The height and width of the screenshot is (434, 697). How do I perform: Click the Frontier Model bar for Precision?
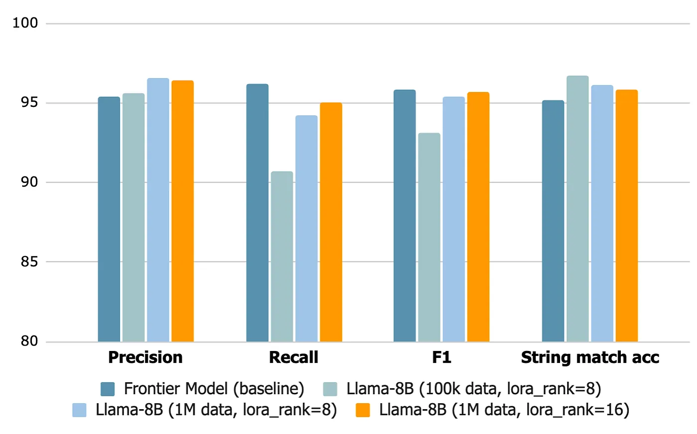(109, 219)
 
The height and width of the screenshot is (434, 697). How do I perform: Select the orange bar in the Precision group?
(182, 211)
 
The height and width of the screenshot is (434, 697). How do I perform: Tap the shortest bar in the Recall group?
(282, 257)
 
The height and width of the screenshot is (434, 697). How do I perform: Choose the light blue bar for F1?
(454, 219)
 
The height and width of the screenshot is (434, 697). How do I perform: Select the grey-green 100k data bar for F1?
(429, 238)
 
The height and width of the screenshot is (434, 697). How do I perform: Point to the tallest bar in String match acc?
(578, 209)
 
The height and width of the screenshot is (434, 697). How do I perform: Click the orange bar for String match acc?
(626, 216)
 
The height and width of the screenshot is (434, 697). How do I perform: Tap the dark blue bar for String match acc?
(553, 221)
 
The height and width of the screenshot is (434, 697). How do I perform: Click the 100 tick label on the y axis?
(25, 23)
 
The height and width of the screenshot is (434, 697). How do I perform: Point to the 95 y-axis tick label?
(29, 102)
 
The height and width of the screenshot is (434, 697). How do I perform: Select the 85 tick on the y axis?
(29, 261)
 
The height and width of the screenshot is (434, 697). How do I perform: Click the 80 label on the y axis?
(29, 341)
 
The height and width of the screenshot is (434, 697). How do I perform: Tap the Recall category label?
(293, 357)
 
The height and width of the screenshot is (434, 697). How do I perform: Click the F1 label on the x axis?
(441, 357)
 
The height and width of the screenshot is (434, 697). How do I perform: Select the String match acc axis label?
(590, 357)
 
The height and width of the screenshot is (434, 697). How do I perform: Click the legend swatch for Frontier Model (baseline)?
(108, 389)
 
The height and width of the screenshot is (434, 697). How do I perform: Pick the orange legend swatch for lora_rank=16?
(363, 410)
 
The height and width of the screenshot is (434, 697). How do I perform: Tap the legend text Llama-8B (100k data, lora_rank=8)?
(473, 389)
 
